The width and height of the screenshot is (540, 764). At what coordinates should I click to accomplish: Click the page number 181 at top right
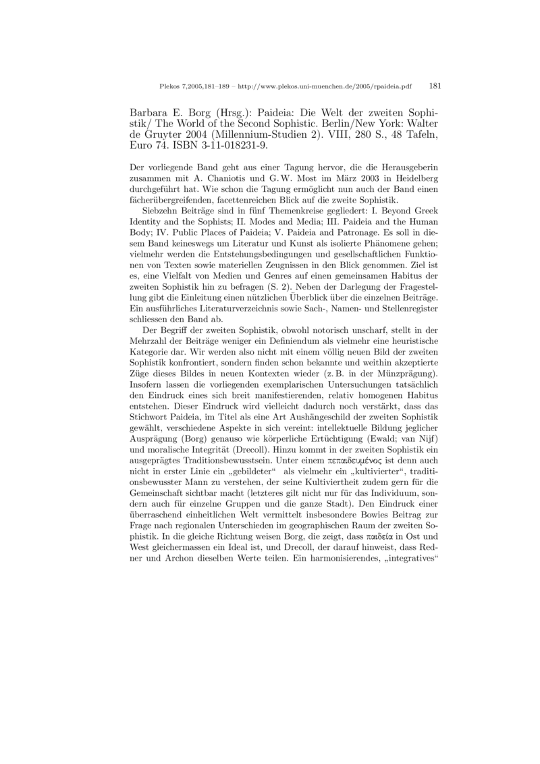click(x=435, y=86)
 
